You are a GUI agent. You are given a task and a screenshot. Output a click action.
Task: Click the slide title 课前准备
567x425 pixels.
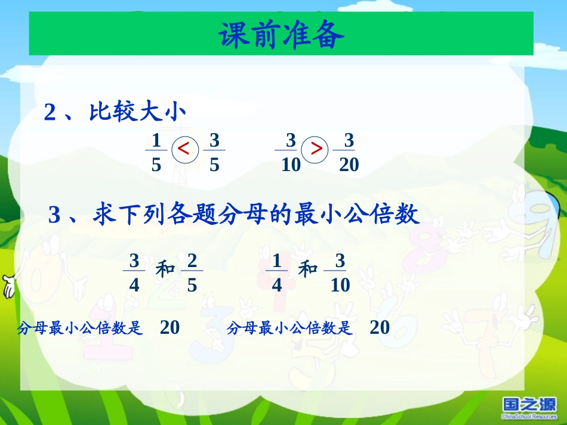(281, 36)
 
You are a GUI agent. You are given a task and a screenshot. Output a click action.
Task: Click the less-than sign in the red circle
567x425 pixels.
(184, 149)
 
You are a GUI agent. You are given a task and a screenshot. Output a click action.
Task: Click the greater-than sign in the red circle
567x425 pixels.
(317, 149)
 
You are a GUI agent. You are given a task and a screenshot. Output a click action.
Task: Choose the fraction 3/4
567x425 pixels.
(134, 272)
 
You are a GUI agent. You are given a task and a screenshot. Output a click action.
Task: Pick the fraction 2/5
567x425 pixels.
(192, 272)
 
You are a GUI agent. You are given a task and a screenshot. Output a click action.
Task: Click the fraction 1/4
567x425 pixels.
(277, 272)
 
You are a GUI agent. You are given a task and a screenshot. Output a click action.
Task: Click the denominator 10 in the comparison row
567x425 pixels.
(291, 165)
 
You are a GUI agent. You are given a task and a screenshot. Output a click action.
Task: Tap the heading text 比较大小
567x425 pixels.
(138, 112)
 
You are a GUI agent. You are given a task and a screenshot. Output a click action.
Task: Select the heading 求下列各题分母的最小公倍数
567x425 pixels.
(257, 215)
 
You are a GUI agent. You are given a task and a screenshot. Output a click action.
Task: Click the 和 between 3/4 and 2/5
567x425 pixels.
(165, 269)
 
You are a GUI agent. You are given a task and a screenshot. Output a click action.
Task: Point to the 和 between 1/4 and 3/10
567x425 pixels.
(308, 269)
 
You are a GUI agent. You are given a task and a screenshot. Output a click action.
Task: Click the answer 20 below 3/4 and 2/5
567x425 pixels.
(170, 327)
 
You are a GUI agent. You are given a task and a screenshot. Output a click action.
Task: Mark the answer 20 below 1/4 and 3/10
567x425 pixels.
(380, 327)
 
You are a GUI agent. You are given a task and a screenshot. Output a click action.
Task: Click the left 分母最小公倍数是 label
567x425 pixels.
(81, 328)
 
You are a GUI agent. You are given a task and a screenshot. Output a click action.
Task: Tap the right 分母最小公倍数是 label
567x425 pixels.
(290, 328)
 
